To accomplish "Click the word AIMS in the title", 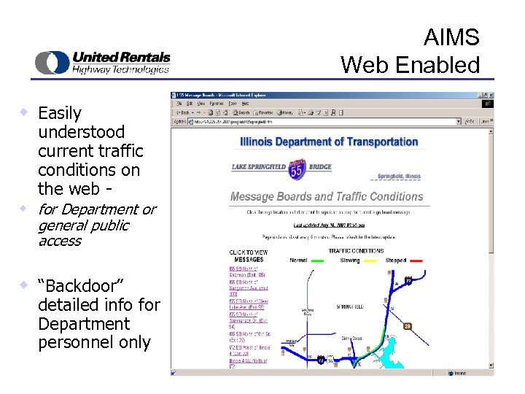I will tap(451, 38).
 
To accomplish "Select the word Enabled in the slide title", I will tap(440, 65).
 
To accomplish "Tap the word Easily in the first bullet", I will tap(60, 113).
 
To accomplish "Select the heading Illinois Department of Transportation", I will tap(329, 142).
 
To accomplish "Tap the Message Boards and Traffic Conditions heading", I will tap(327, 196).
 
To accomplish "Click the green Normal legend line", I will tap(317, 260).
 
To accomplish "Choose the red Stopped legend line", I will tap(417, 260).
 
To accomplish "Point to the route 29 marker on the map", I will tap(408, 326).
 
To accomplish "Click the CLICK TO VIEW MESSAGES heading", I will tap(249, 256).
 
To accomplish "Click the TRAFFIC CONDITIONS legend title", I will tap(356, 251).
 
